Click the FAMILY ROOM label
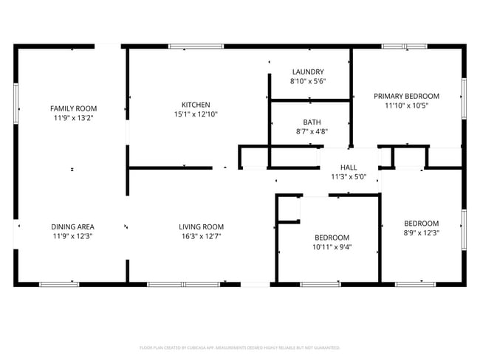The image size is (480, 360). coord(73,108)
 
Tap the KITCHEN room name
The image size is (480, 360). coord(196,105)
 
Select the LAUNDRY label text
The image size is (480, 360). coord(308,72)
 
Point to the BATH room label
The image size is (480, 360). coord(311,122)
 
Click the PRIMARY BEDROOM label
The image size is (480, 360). coord(406,96)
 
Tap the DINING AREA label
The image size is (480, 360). coord(72,226)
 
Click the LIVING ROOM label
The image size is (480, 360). coord(201,226)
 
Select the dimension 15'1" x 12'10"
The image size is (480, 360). coord(196,114)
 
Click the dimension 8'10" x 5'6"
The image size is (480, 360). coord(308,81)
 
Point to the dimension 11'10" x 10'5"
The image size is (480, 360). coord(406,105)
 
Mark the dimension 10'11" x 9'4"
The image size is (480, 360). coord(332,247)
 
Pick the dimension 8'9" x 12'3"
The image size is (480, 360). coord(421,233)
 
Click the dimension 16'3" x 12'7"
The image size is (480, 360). coord(201,236)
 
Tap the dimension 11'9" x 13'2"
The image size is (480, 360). coord(73,117)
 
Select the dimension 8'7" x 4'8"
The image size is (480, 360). coord(311,132)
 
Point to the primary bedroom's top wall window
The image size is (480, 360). coord(404,46)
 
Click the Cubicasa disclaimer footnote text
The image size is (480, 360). coord(239,347)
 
